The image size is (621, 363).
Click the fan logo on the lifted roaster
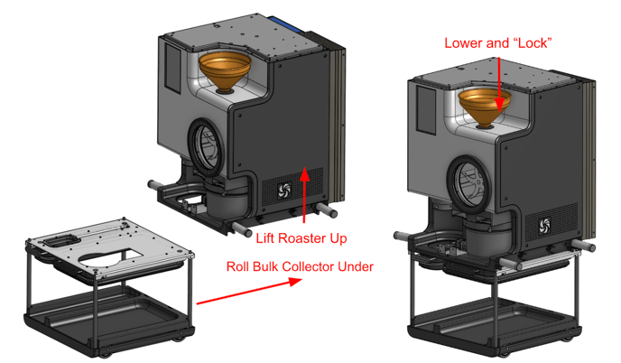tap(282, 191)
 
